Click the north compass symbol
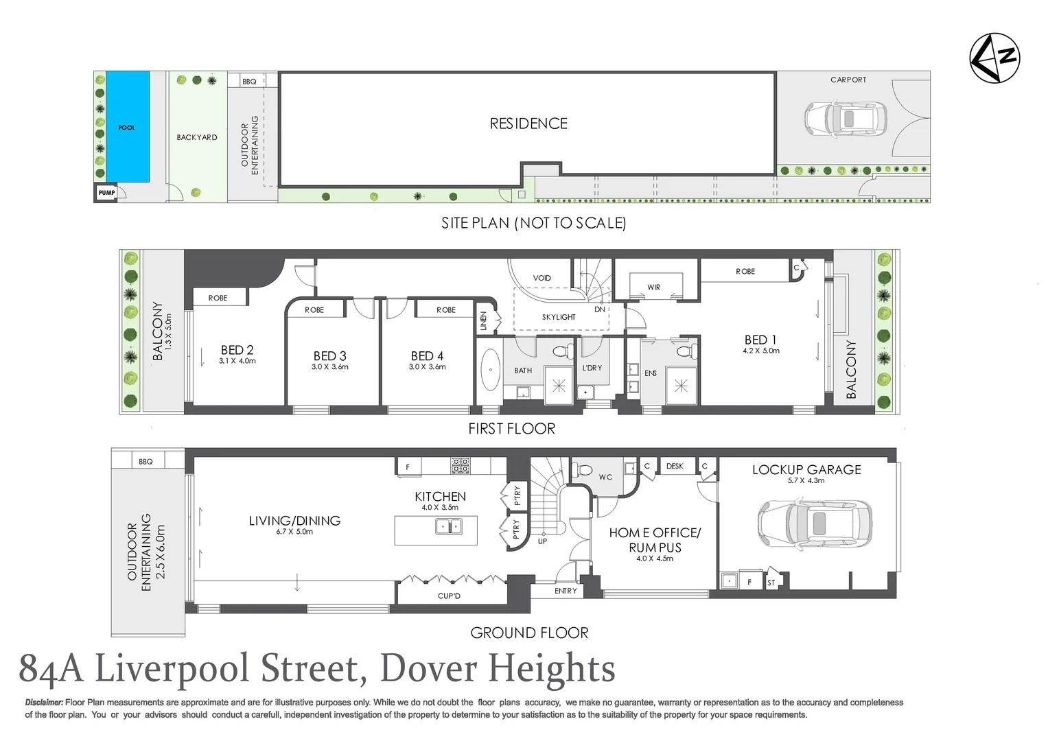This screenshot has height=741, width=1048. tap(994, 58)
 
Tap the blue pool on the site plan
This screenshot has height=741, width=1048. tap(128, 126)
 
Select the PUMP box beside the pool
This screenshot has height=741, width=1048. tap(106, 193)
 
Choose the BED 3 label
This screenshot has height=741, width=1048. tap(329, 356)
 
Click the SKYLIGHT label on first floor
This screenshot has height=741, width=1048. tap(559, 317)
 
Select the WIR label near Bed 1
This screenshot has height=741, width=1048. tap(653, 287)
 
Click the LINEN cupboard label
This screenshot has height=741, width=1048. tap(483, 321)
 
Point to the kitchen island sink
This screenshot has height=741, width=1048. tap(448, 527)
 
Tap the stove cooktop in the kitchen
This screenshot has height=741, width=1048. tap(461, 466)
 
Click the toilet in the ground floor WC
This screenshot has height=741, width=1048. tap(583, 471)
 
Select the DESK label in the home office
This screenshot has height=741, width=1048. tap(675, 466)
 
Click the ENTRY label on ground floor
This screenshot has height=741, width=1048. tap(566, 591)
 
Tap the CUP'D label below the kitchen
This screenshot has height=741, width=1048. tap(449, 596)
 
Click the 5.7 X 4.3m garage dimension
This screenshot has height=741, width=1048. tap(806, 481)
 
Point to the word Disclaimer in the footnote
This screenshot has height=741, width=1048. tap(44, 703)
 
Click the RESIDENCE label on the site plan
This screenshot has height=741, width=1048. tap(528, 123)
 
